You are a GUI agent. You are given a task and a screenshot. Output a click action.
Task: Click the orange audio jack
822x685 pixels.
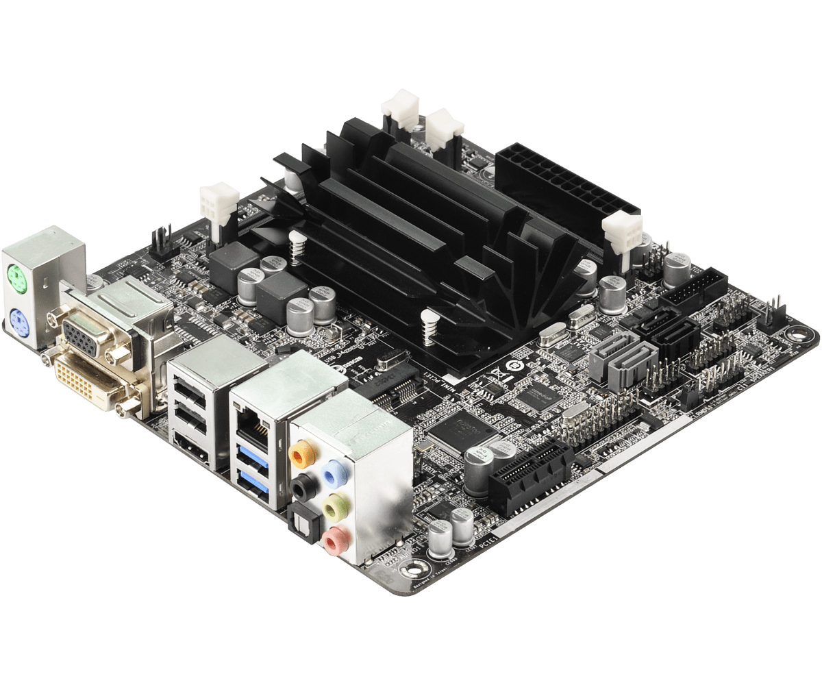[299, 453]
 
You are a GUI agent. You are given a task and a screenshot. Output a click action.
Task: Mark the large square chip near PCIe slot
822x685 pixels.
[457, 434]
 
